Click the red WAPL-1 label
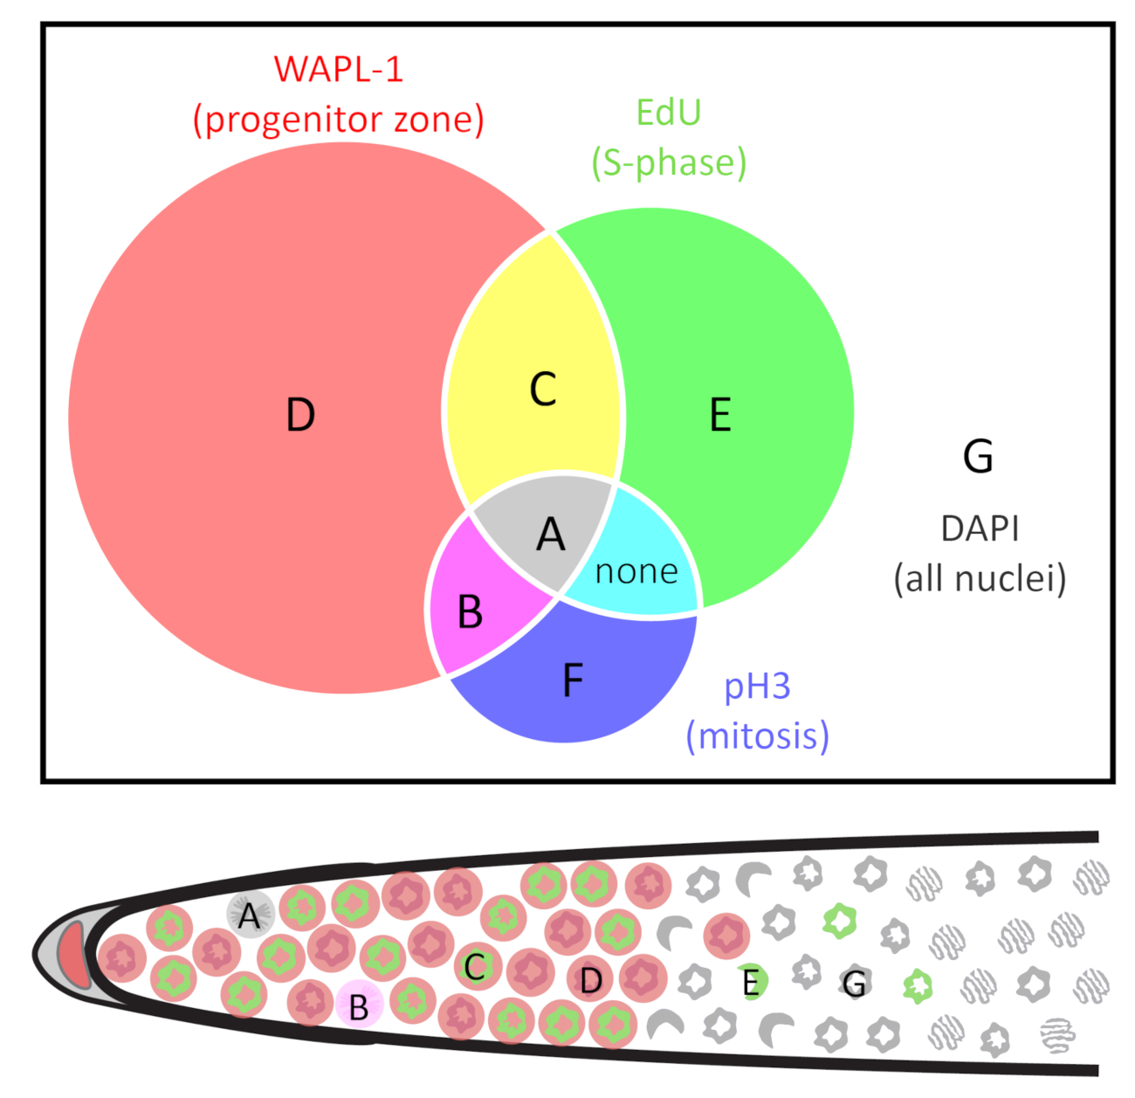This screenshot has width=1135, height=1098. [x=338, y=69]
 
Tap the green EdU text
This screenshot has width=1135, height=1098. [x=668, y=112]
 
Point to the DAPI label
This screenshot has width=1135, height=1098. [x=980, y=528]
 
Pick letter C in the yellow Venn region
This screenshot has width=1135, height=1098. [x=542, y=389]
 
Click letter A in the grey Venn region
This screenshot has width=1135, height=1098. [x=551, y=535]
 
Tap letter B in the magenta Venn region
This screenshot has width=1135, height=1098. [x=470, y=611]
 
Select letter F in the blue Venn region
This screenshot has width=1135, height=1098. [x=573, y=680]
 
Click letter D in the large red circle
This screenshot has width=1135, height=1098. [x=300, y=414]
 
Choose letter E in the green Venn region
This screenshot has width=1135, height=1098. [x=720, y=414]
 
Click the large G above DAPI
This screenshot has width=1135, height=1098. [x=978, y=456]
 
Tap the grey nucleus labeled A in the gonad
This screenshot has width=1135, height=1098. [x=250, y=915]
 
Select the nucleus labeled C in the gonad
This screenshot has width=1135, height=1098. [x=478, y=967]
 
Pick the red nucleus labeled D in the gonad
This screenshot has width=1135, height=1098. [x=590, y=979]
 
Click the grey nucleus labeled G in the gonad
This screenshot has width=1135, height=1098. [x=855, y=983]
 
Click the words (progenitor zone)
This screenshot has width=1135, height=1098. [x=338, y=120]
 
